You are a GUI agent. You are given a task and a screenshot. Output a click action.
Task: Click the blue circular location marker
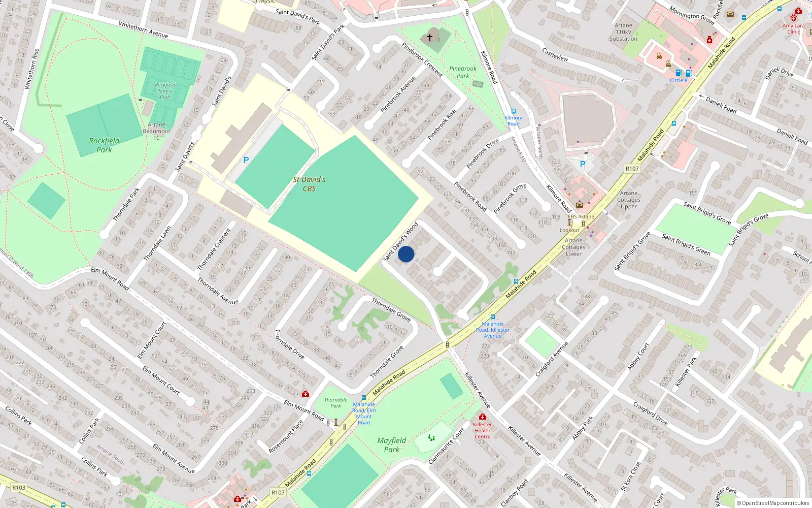tap(406, 254)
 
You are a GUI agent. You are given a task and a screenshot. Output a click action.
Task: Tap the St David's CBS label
tap(309, 184)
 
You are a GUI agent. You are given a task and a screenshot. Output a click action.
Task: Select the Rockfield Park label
tap(104, 145)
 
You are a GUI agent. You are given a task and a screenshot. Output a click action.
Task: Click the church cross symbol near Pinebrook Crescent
tap(430, 37)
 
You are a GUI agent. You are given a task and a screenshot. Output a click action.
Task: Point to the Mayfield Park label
tap(391, 444)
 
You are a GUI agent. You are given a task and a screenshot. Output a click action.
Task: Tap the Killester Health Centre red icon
tap(482, 417)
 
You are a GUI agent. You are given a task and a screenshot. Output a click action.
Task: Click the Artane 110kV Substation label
tap(623, 32)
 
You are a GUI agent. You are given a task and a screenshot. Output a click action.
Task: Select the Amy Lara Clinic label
tap(793, 28)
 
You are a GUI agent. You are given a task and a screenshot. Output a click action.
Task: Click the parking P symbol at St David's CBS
tap(246, 160)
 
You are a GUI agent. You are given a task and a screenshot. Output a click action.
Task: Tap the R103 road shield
tap(19, 487)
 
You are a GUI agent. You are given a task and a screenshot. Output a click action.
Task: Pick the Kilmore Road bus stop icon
tap(514, 111)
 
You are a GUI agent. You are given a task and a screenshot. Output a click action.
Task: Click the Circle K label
tap(678, 80)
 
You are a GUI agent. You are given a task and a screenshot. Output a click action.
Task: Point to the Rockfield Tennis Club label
tap(165, 91)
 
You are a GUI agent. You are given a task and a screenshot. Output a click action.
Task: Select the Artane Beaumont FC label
tap(156, 131)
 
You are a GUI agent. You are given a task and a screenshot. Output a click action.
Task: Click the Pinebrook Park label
tap(462, 72)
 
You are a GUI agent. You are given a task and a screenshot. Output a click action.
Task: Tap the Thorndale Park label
tap(335, 403)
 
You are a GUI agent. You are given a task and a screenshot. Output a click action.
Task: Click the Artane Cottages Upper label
tap(628, 200)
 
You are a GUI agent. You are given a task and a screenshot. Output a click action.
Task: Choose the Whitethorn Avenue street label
tap(143, 29)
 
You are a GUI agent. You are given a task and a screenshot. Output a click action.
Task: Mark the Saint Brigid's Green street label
tap(686, 244)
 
